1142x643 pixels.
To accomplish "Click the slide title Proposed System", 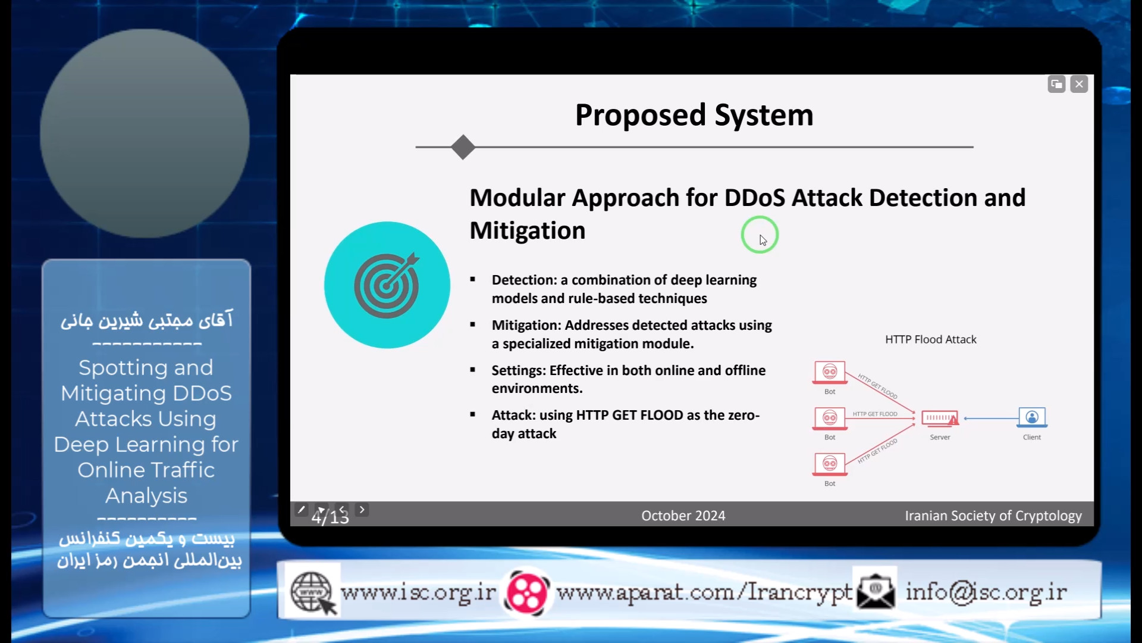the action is pos(694,115).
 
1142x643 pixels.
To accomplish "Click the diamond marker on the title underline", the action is pos(463,147).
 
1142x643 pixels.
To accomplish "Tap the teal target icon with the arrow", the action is pos(387,285).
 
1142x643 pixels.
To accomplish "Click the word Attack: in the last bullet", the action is pos(513,415).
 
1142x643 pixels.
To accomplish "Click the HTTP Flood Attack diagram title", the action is pos(931,339).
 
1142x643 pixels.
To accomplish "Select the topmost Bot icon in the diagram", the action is pos(830,373).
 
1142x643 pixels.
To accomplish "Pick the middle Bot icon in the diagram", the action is pos(830,418).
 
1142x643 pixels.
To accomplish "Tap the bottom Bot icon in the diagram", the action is pos(830,464).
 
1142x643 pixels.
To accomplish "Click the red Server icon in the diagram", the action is pos(940,418).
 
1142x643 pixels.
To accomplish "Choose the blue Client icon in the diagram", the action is pos(1032,417).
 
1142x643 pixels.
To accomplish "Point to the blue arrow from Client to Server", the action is pos(991,419).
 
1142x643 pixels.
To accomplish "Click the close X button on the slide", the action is pos(1079,85).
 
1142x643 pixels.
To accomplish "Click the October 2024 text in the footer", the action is pos(683,516).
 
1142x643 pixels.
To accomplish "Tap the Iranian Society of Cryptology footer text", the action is pos(993,516).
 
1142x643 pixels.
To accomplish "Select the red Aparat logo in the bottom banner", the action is pos(526,592).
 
